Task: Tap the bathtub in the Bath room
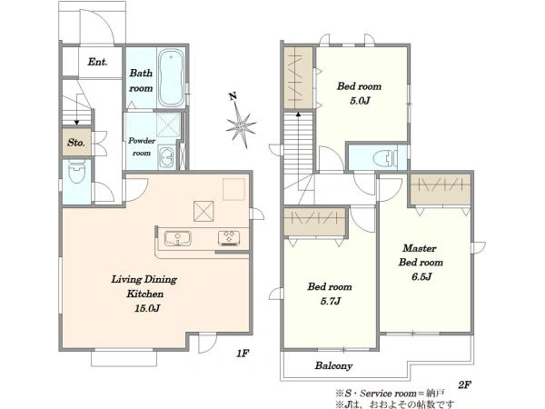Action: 171,77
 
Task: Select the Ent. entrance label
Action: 97,62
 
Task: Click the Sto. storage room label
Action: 76,143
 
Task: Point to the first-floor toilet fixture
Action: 77,172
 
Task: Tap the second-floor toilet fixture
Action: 385,158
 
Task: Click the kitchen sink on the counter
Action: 177,238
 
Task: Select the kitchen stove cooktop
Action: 229,238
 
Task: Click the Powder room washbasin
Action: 167,157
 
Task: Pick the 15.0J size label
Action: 147,308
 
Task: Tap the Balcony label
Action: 333,365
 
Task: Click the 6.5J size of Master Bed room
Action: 421,277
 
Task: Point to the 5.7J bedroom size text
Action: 331,301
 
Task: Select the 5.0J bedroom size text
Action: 360,101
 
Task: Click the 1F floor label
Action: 243,354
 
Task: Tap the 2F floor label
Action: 464,385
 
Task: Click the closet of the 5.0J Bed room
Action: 298,78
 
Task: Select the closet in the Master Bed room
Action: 440,189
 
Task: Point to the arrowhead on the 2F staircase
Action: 298,114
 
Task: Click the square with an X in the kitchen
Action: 203,211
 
